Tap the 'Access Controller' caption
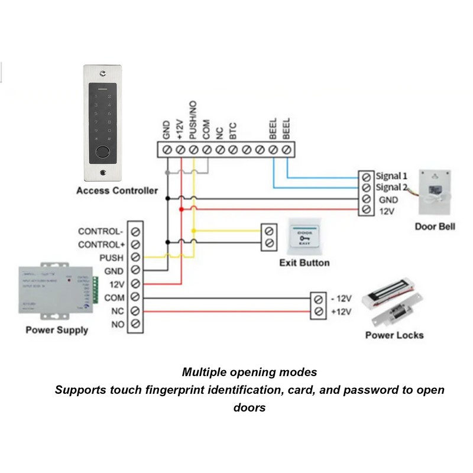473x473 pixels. point(117,190)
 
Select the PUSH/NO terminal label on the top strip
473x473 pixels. point(193,120)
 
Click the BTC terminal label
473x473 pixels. point(233,131)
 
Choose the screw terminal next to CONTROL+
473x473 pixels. point(136,244)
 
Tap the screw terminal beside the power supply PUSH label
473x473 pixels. point(136,257)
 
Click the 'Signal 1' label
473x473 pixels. point(392,176)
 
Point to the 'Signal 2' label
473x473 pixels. point(392,187)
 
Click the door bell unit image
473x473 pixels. point(436,192)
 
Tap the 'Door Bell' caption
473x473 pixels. point(435,226)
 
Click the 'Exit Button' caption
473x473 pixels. point(304,263)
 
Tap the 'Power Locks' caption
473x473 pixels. point(394,335)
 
